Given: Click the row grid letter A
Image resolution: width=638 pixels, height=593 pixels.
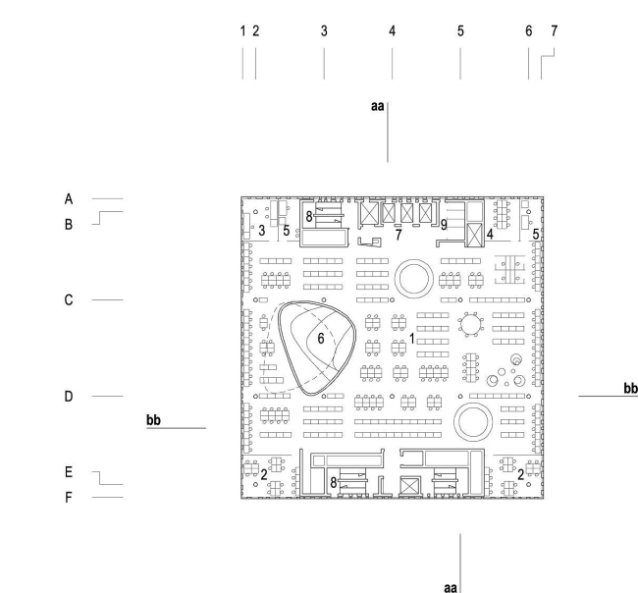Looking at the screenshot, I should [69, 198].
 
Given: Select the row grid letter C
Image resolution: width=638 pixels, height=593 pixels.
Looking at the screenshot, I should [69, 298].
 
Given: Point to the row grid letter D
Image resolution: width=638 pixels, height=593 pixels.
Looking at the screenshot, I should [69, 397].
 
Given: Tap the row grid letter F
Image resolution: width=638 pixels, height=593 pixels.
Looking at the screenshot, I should [69, 498].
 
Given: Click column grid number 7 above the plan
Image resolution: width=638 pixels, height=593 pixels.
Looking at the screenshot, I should [554, 31].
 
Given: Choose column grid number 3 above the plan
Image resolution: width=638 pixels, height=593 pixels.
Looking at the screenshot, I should [324, 31].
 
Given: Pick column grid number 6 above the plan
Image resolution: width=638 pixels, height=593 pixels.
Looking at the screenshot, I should [529, 31].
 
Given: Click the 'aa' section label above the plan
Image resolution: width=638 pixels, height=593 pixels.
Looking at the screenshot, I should [377, 105].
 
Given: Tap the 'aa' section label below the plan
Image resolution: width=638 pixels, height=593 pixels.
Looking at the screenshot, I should [451, 586].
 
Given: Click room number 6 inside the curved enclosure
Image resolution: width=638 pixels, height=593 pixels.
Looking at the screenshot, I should [319, 338].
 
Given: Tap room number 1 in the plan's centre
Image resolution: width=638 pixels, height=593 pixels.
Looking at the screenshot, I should [413, 338].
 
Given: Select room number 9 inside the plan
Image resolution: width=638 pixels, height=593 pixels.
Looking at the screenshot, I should [444, 225].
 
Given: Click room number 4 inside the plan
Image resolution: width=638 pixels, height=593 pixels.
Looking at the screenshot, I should [489, 235].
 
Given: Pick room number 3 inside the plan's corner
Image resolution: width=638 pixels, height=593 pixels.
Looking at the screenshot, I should [262, 230].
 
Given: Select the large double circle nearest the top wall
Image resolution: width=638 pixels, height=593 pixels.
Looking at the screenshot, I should [412, 278].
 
